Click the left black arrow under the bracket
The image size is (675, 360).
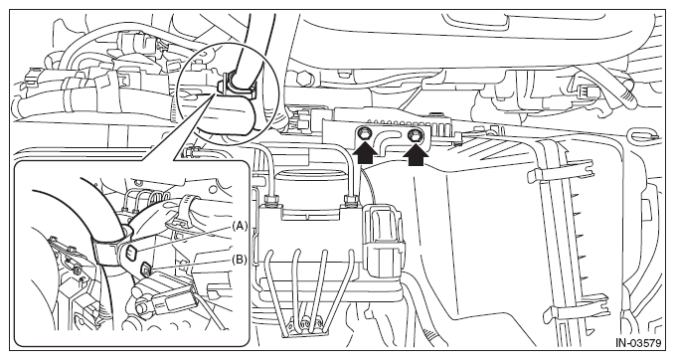pyautogui.click(x=365, y=154)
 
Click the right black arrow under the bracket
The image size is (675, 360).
pyautogui.click(x=417, y=156)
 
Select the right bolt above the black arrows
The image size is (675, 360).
pyautogui.click(x=416, y=135)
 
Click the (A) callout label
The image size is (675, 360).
pyautogui.click(x=240, y=225)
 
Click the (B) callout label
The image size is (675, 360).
pyautogui.click(x=240, y=260)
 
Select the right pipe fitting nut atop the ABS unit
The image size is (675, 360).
pyautogui.click(x=350, y=199)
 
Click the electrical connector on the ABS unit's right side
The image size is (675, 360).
pyautogui.click(x=383, y=240)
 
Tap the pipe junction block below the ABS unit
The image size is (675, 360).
pyautogui.click(x=305, y=323)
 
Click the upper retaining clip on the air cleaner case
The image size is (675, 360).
pyautogui.click(x=561, y=169)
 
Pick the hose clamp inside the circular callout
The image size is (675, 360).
pyautogui.click(x=238, y=86)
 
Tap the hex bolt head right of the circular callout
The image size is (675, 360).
pyautogui.click(x=302, y=79)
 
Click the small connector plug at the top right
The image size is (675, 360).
pyautogui.click(x=585, y=90)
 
